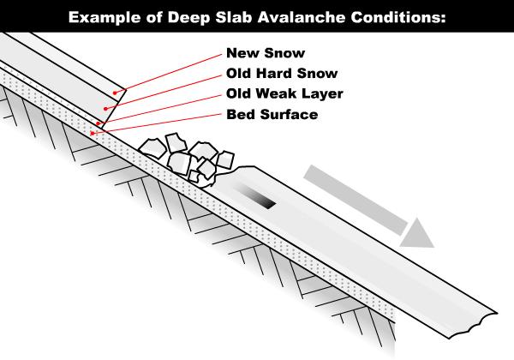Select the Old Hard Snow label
point(278,73)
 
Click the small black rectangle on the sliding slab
point(263,201)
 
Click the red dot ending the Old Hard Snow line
point(106,109)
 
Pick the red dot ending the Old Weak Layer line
point(99,124)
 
